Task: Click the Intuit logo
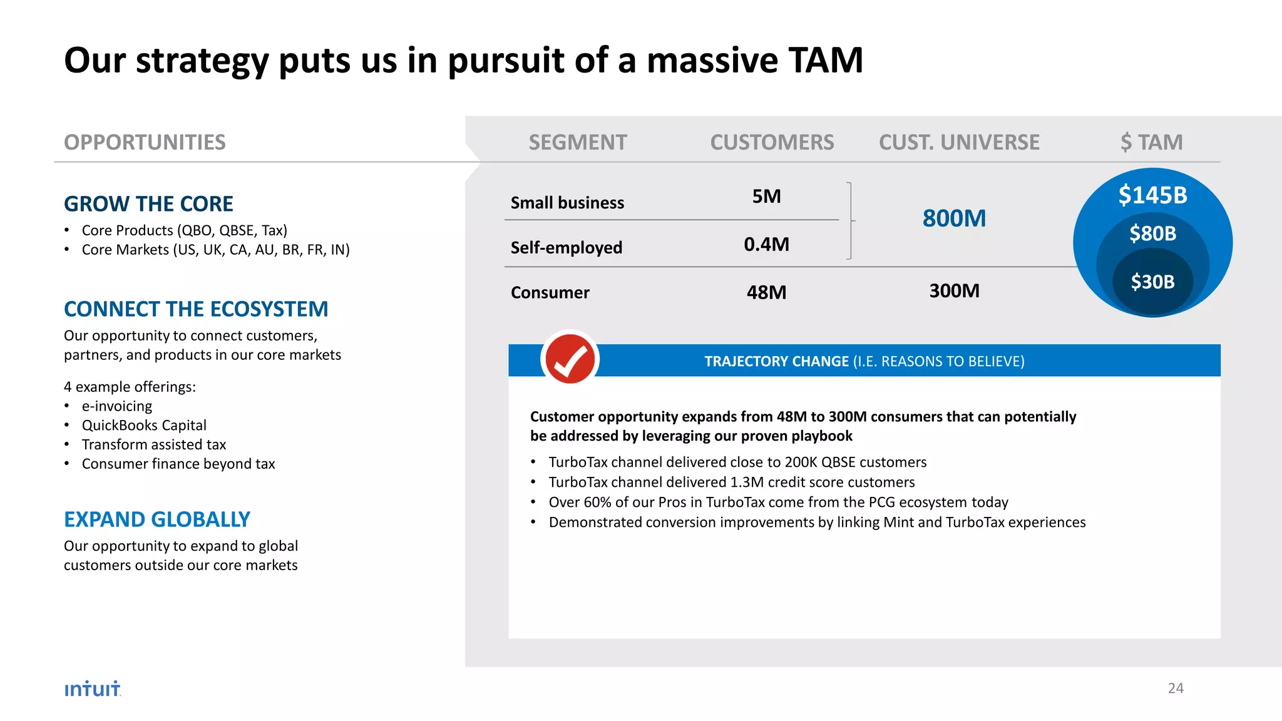pos(92,688)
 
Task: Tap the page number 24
pos(1175,688)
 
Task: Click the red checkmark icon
pos(570,359)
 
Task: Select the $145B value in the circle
pos(1152,195)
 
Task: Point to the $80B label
pos(1152,233)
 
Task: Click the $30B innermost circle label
pos(1152,282)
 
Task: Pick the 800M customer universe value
pos(954,218)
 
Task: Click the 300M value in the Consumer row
pos(954,291)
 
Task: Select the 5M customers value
pos(766,197)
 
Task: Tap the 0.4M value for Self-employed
pos(766,244)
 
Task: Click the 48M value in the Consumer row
pos(766,292)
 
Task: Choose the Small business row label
pos(567,203)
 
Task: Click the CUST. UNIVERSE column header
pos(959,142)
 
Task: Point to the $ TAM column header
pos(1151,142)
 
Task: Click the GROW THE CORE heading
pos(148,204)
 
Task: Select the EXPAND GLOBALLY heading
pos(156,519)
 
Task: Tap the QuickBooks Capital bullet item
pos(144,426)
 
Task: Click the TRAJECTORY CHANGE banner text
pos(864,361)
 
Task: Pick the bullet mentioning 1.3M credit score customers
pos(731,482)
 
